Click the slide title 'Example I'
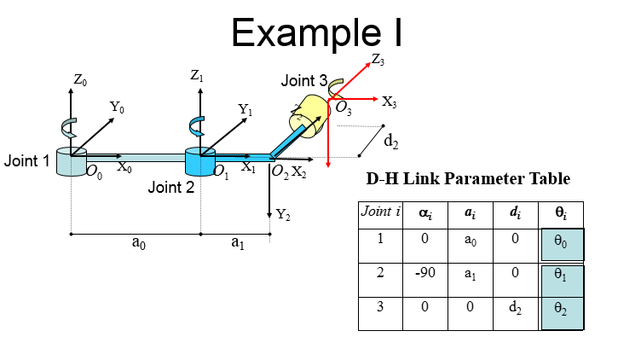(316, 33)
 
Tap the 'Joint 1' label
(26, 160)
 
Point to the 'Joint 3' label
(304, 81)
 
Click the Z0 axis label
(79, 80)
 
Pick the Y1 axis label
(245, 109)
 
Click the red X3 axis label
(390, 102)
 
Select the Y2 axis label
(283, 215)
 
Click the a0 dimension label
(138, 243)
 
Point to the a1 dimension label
(238, 243)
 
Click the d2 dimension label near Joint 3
(391, 140)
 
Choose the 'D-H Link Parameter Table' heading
(468, 179)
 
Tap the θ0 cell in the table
(562, 244)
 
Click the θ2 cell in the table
(562, 310)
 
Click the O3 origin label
(344, 108)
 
